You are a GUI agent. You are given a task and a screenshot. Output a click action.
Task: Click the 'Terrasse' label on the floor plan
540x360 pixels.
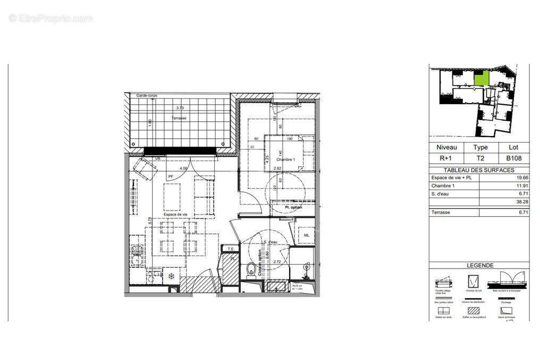[x=179, y=118]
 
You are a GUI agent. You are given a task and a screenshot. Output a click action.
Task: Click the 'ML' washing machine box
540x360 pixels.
[x=306, y=235]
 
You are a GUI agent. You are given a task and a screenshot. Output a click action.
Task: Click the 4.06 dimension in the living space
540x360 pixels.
[x=184, y=169]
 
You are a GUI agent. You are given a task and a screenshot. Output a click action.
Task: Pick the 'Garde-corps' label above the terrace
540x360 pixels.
[x=146, y=95]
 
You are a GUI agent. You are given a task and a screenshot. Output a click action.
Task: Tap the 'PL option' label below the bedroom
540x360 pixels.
[x=293, y=207]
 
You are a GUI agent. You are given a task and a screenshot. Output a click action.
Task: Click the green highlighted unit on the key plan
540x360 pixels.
[x=481, y=79]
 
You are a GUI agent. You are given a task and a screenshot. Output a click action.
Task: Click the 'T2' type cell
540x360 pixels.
[x=480, y=158]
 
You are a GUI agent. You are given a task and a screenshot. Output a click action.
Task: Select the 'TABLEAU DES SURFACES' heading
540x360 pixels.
[x=479, y=170]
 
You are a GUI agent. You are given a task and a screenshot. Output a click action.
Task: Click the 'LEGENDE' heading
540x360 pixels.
[x=479, y=265]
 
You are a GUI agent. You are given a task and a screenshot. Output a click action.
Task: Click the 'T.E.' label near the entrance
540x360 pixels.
[x=230, y=248]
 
